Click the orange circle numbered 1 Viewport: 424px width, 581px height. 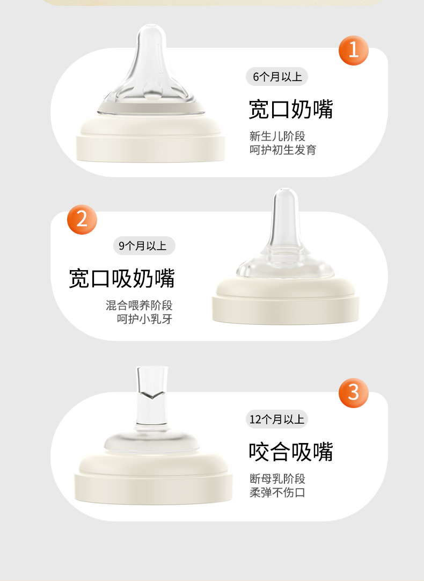pyautogui.click(x=353, y=50)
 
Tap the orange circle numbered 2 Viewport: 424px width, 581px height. pyautogui.click(x=82, y=220)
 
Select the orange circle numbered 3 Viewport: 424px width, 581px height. pyautogui.click(x=353, y=393)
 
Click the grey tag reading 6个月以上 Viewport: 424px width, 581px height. pyautogui.click(x=277, y=77)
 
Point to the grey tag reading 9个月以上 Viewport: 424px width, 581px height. pyautogui.click(x=144, y=246)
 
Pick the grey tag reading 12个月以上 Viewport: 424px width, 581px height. pyautogui.click(x=276, y=419)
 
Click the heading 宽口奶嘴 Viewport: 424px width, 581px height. pyautogui.click(x=291, y=109)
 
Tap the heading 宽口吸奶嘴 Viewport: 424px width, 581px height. pyautogui.click(x=122, y=278)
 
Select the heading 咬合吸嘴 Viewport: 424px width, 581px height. pyautogui.click(x=291, y=452)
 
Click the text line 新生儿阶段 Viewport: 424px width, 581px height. pyautogui.click(x=277, y=136)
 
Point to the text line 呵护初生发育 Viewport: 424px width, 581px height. pyautogui.click(x=283, y=150)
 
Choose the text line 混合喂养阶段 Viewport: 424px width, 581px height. pyautogui.click(x=139, y=306)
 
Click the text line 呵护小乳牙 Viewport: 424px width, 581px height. pyautogui.click(x=145, y=319)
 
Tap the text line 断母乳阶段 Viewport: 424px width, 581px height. pyautogui.click(x=277, y=479)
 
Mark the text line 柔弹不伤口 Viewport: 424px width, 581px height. pyautogui.click(x=277, y=492)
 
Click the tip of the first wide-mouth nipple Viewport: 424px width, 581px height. pyautogui.click(x=151, y=26)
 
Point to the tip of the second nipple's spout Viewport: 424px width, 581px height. pyautogui.click(x=285, y=191)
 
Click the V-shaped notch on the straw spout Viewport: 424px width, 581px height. pyautogui.click(x=152, y=396)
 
